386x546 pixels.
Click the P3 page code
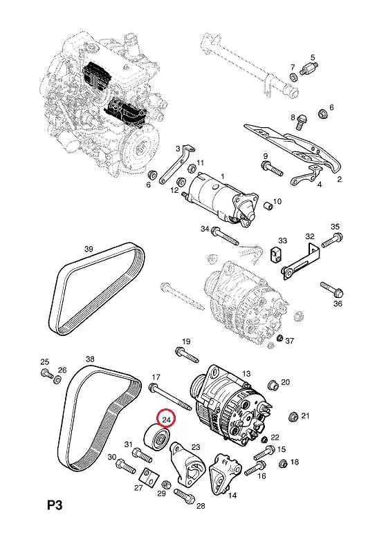(55, 506)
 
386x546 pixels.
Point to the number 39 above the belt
(89, 249)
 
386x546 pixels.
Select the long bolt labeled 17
(169, 397)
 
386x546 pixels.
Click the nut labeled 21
(294, 417)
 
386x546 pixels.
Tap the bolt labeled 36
(332, 289)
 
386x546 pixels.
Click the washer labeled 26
(57, 379)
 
